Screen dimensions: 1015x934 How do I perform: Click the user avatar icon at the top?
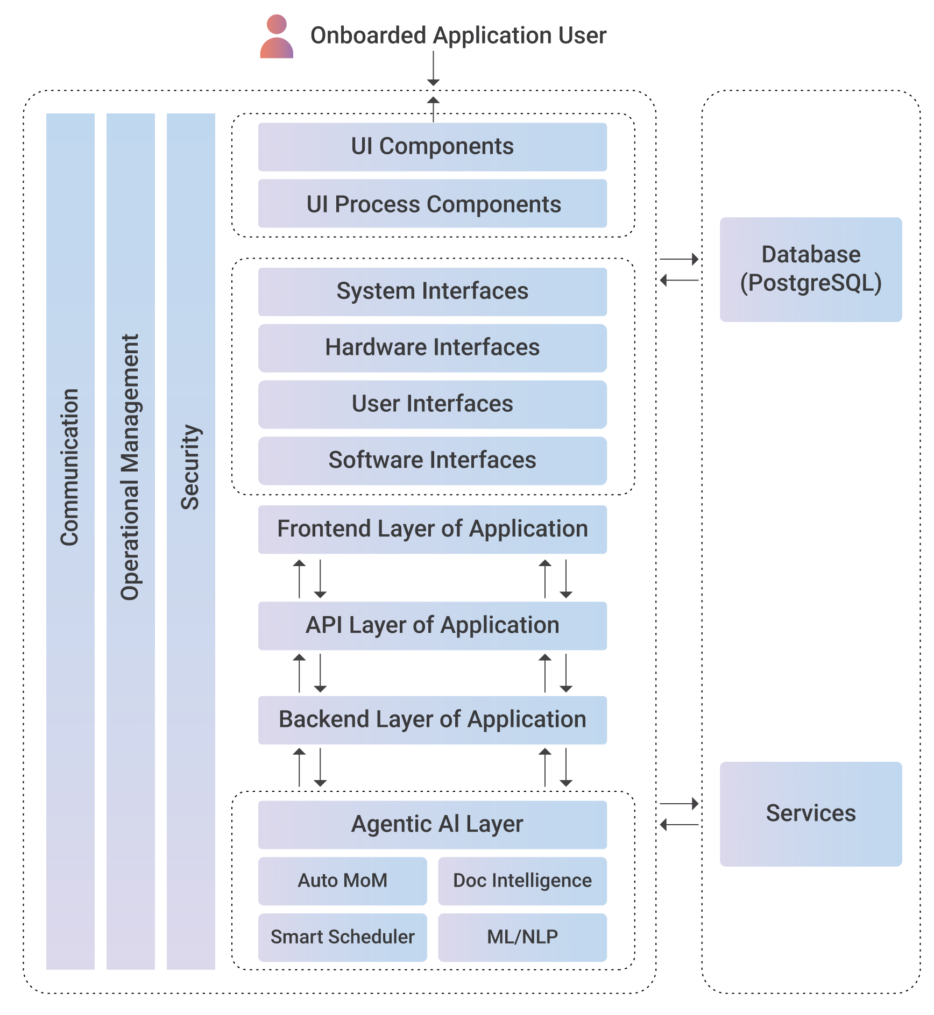(277, 37)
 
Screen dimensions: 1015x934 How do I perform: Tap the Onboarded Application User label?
(458, 35)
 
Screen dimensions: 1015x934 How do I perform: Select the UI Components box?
(433, 147)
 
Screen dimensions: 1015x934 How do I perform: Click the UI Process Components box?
(433, 204)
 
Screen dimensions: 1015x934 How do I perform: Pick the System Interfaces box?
(433, 291)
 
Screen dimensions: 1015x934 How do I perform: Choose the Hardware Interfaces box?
(433, 348)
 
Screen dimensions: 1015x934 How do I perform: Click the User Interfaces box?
(433, 404)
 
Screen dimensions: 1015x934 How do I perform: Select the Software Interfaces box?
(433, 461)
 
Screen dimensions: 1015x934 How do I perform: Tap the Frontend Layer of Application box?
(433, 530)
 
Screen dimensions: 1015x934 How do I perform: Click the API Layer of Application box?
(433, 626)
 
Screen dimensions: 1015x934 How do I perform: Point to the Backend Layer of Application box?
(433, 720)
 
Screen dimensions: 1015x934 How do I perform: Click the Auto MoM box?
(343, 881)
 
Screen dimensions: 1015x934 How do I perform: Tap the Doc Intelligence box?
(522, 881)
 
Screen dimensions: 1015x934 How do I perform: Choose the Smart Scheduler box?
(343, 938)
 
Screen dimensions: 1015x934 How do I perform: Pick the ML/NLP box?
(522, 938)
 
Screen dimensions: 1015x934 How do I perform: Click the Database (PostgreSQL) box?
(811, 269)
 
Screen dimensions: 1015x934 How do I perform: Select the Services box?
(811, 814)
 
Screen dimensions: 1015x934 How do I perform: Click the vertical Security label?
(190, 467)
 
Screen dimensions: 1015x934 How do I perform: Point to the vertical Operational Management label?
(130, 467)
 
